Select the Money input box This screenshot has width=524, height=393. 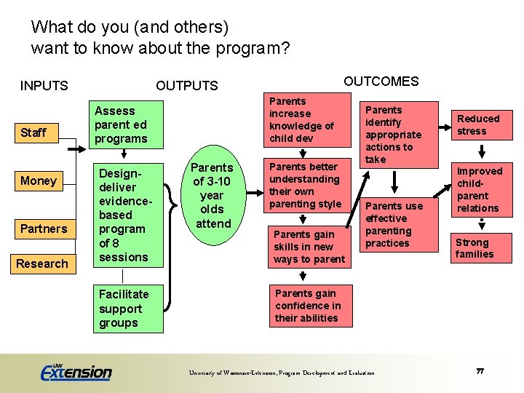39,180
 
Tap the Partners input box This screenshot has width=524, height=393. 44,229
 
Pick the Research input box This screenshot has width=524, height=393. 42,263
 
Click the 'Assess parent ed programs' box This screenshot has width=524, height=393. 128,124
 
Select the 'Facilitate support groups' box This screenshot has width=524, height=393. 130,309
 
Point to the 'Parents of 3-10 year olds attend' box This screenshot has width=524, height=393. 212,196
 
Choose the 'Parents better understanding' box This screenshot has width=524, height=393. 305,186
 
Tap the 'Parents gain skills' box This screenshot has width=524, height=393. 309,247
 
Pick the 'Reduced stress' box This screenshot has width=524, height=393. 478,125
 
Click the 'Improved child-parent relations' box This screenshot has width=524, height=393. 478,190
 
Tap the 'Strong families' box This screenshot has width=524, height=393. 476,248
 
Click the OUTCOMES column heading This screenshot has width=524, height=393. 381,82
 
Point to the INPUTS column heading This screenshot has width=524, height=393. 44,86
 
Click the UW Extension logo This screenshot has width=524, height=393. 76,371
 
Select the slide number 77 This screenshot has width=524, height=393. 480,371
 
